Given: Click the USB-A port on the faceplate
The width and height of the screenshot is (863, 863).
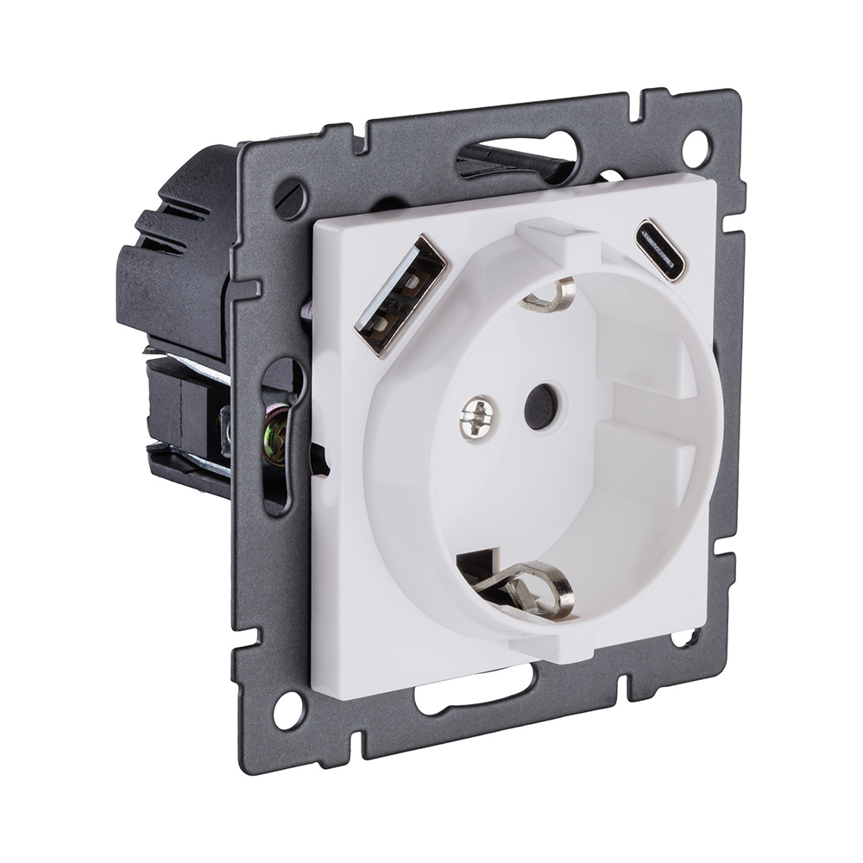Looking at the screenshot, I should tap(400, 294).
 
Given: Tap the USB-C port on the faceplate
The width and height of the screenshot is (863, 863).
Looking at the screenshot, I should tap(660, 250).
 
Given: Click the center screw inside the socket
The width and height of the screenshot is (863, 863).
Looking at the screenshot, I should tap(477, 418).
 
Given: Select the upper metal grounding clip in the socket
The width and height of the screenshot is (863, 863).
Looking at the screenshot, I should tap(551, 296).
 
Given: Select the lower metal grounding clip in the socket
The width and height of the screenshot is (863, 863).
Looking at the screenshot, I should tap(526, 589).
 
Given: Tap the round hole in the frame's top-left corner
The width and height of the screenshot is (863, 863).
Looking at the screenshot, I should tap(292, 198).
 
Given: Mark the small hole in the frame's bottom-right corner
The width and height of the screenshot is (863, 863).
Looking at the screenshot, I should tap(685, 639).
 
